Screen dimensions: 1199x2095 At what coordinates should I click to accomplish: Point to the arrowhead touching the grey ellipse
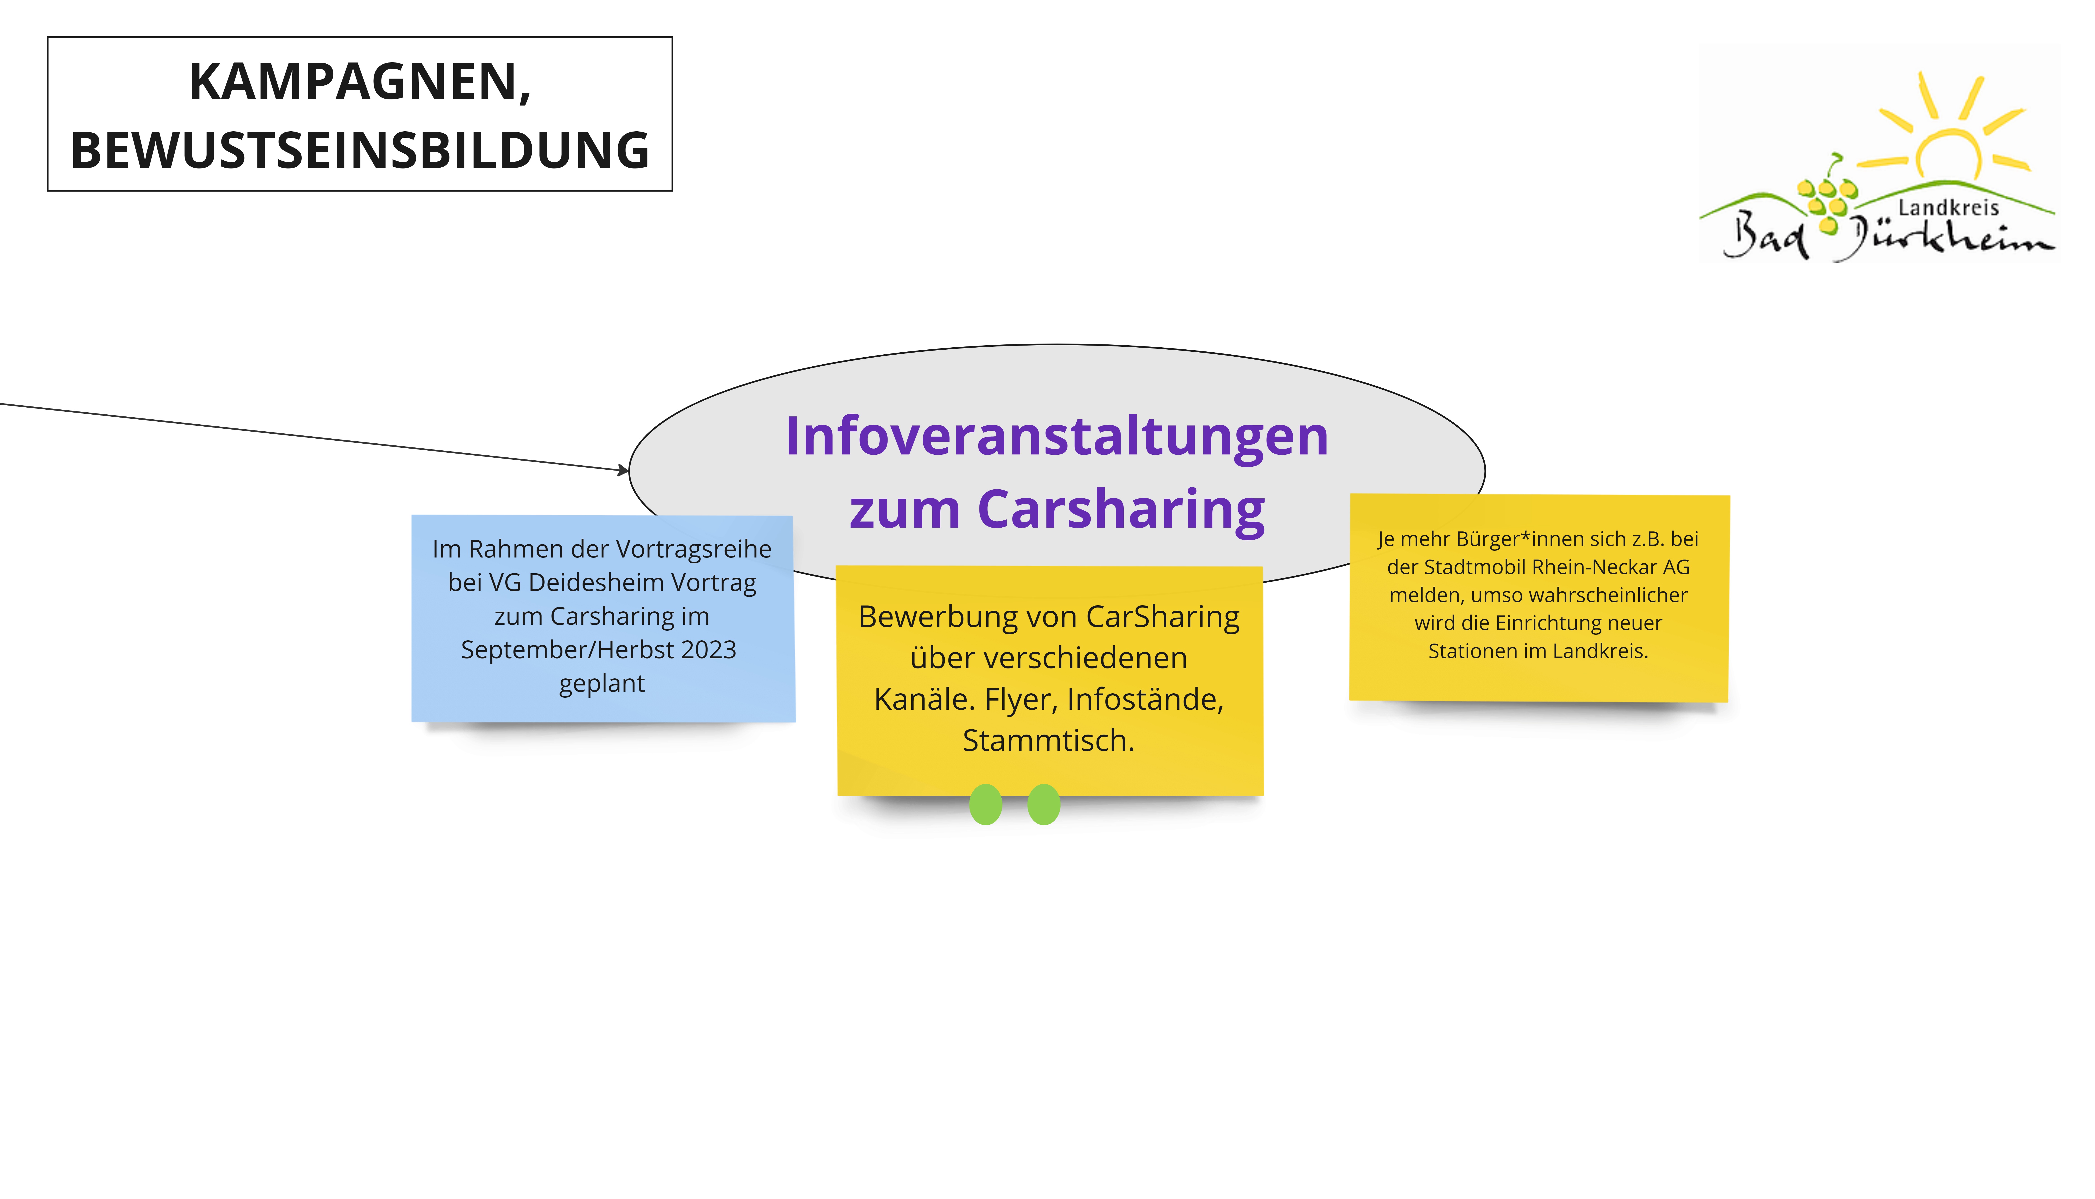click(623, 470)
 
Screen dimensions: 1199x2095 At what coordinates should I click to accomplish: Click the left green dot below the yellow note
click(985, 805)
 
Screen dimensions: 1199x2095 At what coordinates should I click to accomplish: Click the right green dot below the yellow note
click(1044, 805)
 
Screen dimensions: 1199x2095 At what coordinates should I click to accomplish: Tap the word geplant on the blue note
click(602, 683)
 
